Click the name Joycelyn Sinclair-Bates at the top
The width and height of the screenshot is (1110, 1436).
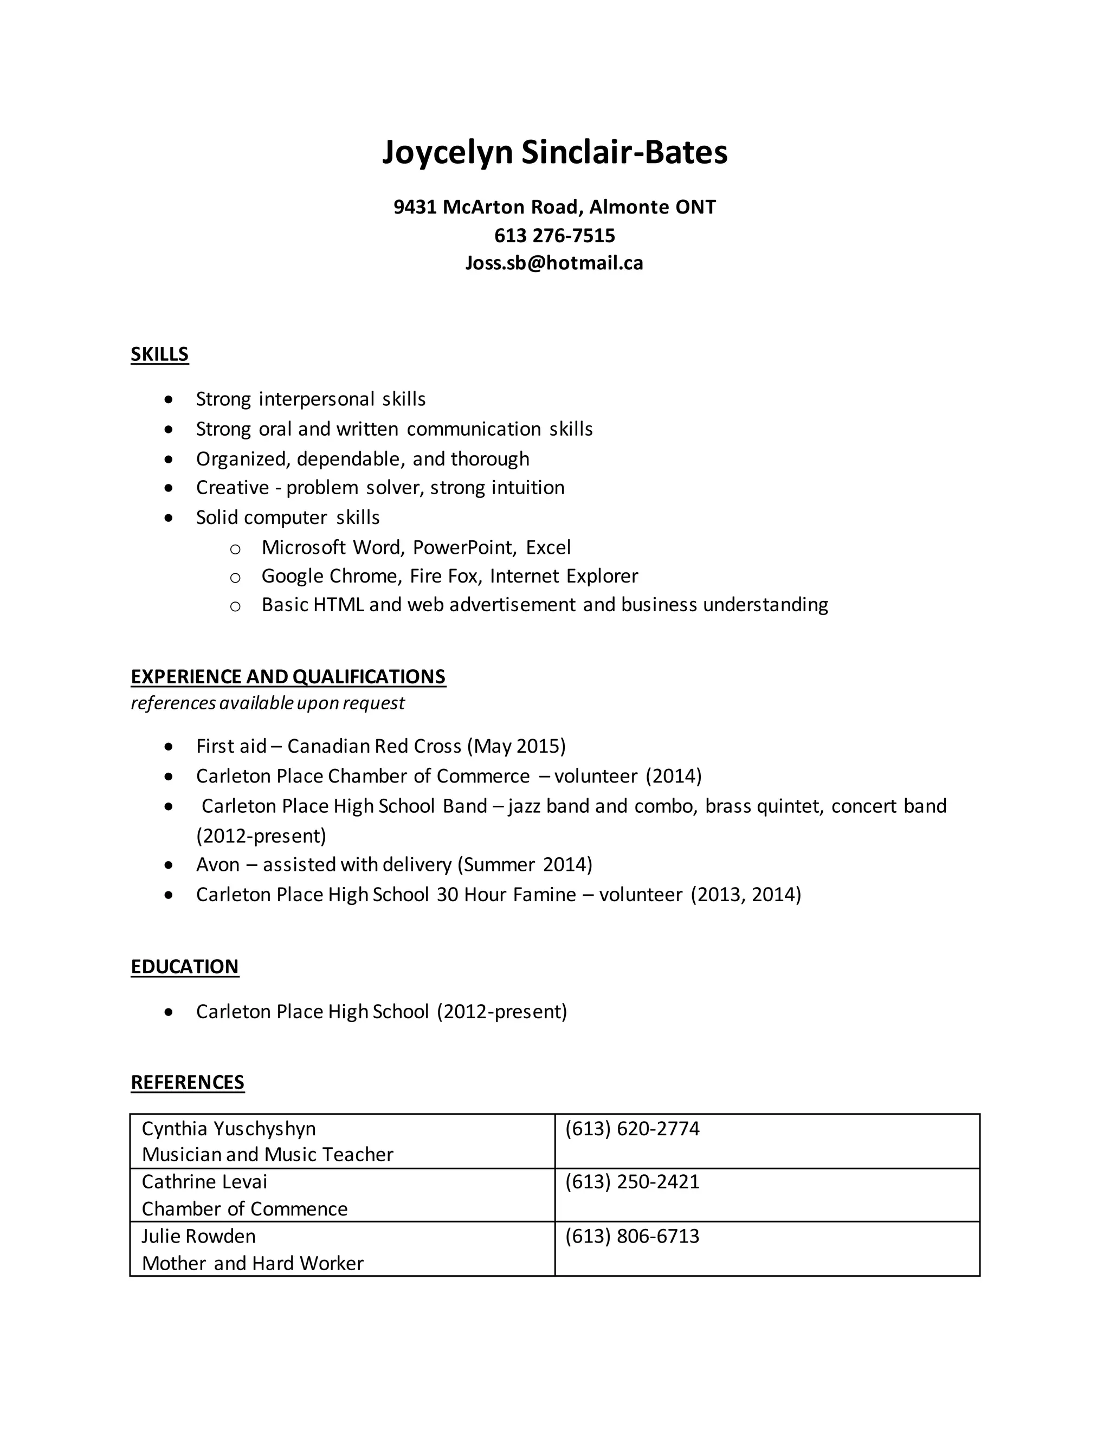pyautogui.click(x=554, y=153)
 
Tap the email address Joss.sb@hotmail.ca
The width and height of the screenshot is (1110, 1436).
pyautogui.click(x=554, y=263)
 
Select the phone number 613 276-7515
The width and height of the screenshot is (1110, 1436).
pyautogui.click(x=554, y=235)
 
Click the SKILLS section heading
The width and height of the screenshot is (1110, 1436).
pyautogui.click(x=160, y=354)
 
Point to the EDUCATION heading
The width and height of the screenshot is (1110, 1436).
pyautogui.click(x=185, y=967)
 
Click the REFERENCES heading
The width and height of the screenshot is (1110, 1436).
pyautogui.click(x=188, y=1082)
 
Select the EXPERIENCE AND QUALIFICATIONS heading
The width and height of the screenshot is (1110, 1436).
pyautogui.click(x=288, y=677)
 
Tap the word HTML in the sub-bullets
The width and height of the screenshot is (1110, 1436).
pyautogui.click(x=339, y=604)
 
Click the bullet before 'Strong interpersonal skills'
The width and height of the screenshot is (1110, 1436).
pyautogui.click(x=170, y=400)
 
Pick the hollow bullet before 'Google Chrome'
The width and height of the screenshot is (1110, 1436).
pyautogui.click(x=235, y=577)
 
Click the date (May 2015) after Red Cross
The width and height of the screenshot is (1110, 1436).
pyautogui.click(x=516, y=746)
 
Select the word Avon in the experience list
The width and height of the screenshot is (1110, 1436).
pyautogui.click(x=218, y=865)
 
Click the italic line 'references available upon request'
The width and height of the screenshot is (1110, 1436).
pyautogui.click(x=268, y=703)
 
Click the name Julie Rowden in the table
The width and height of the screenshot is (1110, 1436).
pyautogui.click(x=198, y=1236)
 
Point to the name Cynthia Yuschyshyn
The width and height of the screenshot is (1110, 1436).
pyautogui.click(x=229, y=1129)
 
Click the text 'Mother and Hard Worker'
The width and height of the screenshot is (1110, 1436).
pyautogui.click(x=253, y=1263)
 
